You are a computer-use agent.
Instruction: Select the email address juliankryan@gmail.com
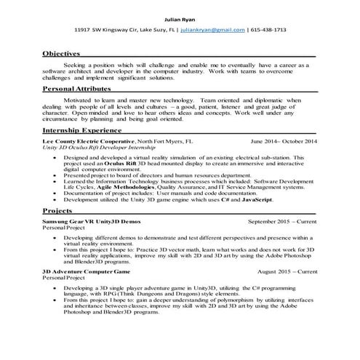click(x=227, y=30)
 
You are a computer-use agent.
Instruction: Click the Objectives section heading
click(x=62, y=54)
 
